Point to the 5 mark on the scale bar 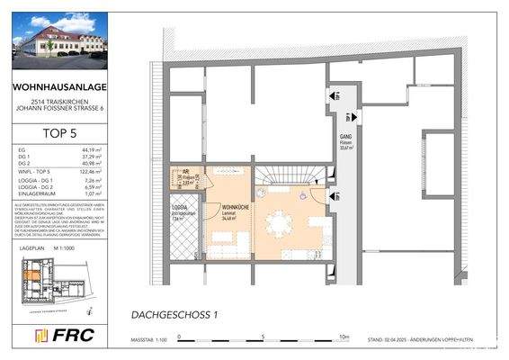click(x=262, y=338)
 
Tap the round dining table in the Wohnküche click(x=281, y=224)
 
